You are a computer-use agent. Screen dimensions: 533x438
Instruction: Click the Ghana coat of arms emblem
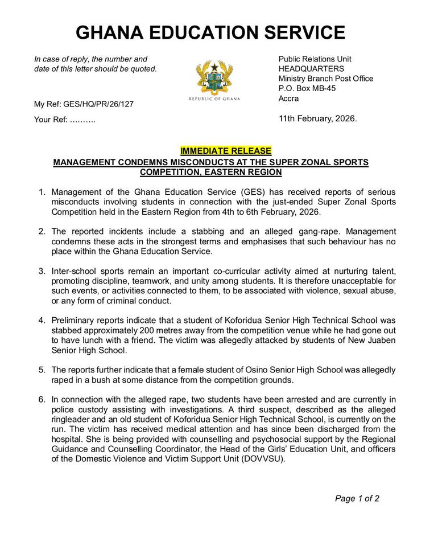tap(214, 77)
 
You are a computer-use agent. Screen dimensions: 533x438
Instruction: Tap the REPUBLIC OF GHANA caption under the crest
tap(214, 99)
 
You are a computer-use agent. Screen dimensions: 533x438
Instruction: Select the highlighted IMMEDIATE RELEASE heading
tap(226, 151)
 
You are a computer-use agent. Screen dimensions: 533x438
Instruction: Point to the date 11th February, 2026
tap(317, 119)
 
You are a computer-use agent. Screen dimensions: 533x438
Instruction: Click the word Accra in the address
tap(288, 99)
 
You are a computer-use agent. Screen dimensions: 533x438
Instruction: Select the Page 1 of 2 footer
tap(357, 499)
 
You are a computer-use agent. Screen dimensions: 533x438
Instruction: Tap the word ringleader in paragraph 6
tap(75, 419)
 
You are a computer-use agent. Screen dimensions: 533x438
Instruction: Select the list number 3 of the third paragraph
tap(42, 271)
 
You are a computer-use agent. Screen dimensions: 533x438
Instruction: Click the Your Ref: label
tap(51, 120)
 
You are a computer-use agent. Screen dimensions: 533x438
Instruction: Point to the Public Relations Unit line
tap(315, 59)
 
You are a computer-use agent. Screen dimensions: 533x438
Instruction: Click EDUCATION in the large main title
tap(212, 32)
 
